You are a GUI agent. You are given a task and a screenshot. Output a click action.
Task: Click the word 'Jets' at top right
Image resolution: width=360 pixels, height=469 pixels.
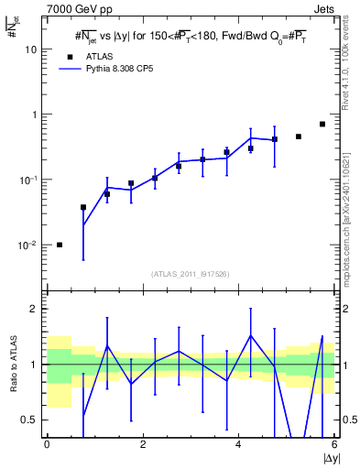pos(323,8)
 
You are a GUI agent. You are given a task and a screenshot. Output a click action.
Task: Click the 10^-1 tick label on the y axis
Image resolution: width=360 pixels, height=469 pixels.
pos(27,180)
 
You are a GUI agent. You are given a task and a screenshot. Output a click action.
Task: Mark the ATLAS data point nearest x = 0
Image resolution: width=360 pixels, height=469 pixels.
pos(60,245)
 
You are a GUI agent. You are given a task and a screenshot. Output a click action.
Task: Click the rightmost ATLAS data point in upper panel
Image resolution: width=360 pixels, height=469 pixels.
pos(322,124)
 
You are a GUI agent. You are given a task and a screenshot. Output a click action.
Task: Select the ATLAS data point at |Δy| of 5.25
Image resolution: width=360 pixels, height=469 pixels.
pos(299,136)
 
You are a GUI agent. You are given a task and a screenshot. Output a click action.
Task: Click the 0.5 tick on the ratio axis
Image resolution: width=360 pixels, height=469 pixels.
pos(27,420)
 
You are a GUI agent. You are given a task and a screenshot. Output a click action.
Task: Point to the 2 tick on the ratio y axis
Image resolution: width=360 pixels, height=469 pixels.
pos(33,309)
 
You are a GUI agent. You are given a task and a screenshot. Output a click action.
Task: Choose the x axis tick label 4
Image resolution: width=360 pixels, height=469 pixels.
pos(238,444)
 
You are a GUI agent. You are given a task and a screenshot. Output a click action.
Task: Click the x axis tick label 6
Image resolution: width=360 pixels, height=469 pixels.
pos(334,444)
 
